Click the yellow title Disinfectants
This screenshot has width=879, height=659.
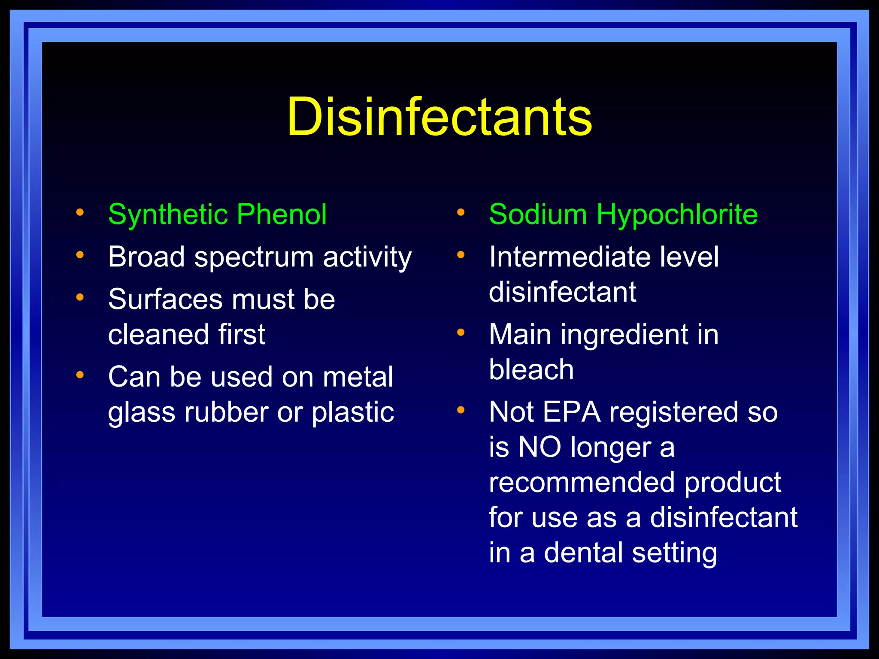439,117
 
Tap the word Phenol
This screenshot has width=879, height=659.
282,215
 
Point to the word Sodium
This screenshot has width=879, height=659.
538,215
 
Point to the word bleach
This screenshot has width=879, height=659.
531,369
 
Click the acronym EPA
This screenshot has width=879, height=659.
571,412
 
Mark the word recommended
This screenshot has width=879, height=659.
582,483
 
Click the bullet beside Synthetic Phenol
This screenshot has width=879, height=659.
80,212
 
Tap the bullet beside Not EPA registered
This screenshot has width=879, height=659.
461,410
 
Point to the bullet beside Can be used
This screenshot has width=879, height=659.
80,375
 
